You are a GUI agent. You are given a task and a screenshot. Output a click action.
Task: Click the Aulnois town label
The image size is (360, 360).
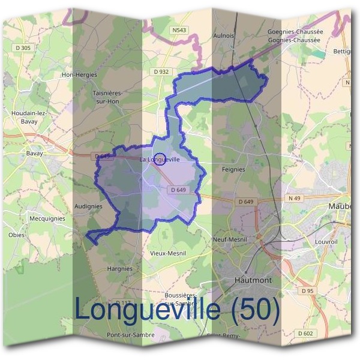coord(223,36)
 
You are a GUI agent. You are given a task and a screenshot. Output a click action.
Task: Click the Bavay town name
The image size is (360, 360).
coord(34,153)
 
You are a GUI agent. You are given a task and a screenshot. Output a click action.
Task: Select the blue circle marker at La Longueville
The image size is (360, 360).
coord(160,159)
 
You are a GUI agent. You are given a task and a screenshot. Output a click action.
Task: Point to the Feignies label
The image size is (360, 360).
coord(233,170)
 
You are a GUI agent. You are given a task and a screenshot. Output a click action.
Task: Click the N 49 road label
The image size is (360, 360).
coord(294,198)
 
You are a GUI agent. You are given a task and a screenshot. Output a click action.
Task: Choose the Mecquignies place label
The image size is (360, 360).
coord(47,219)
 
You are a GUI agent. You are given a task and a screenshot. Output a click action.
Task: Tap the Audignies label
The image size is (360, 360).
coord(88,206)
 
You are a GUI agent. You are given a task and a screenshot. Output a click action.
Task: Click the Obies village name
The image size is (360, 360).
coord(16,235)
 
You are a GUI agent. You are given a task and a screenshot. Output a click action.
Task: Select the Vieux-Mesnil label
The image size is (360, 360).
coord(168,253)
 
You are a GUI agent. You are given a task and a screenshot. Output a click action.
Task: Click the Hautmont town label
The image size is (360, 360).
coord(253,280)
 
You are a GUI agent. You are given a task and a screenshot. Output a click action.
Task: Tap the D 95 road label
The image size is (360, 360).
coord(308,290)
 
